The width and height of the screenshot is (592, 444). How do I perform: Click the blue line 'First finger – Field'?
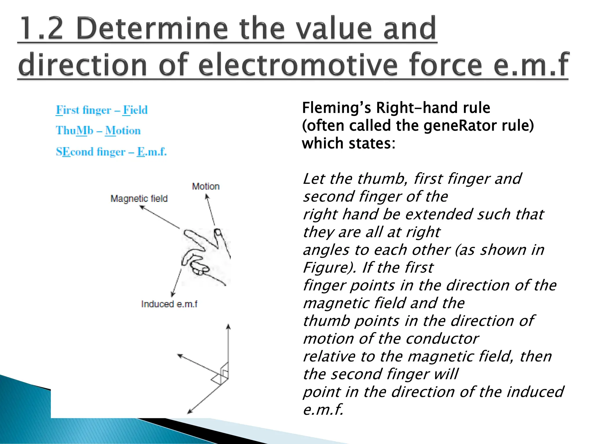[x=101, y=110]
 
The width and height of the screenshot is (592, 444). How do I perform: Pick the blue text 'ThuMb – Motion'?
[x=98, y=131]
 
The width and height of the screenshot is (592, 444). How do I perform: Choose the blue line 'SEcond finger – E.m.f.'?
[x=111, y=152]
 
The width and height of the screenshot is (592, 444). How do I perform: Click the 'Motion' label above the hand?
[x=206, y=186]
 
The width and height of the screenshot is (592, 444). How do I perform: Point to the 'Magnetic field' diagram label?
[x=139, y=199]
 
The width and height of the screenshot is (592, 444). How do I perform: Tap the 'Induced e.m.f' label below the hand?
[x=169, y=304]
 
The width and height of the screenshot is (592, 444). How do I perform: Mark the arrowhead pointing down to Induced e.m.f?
[x=173, y=294]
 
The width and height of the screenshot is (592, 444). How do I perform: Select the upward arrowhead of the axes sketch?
[x=228, y=326]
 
